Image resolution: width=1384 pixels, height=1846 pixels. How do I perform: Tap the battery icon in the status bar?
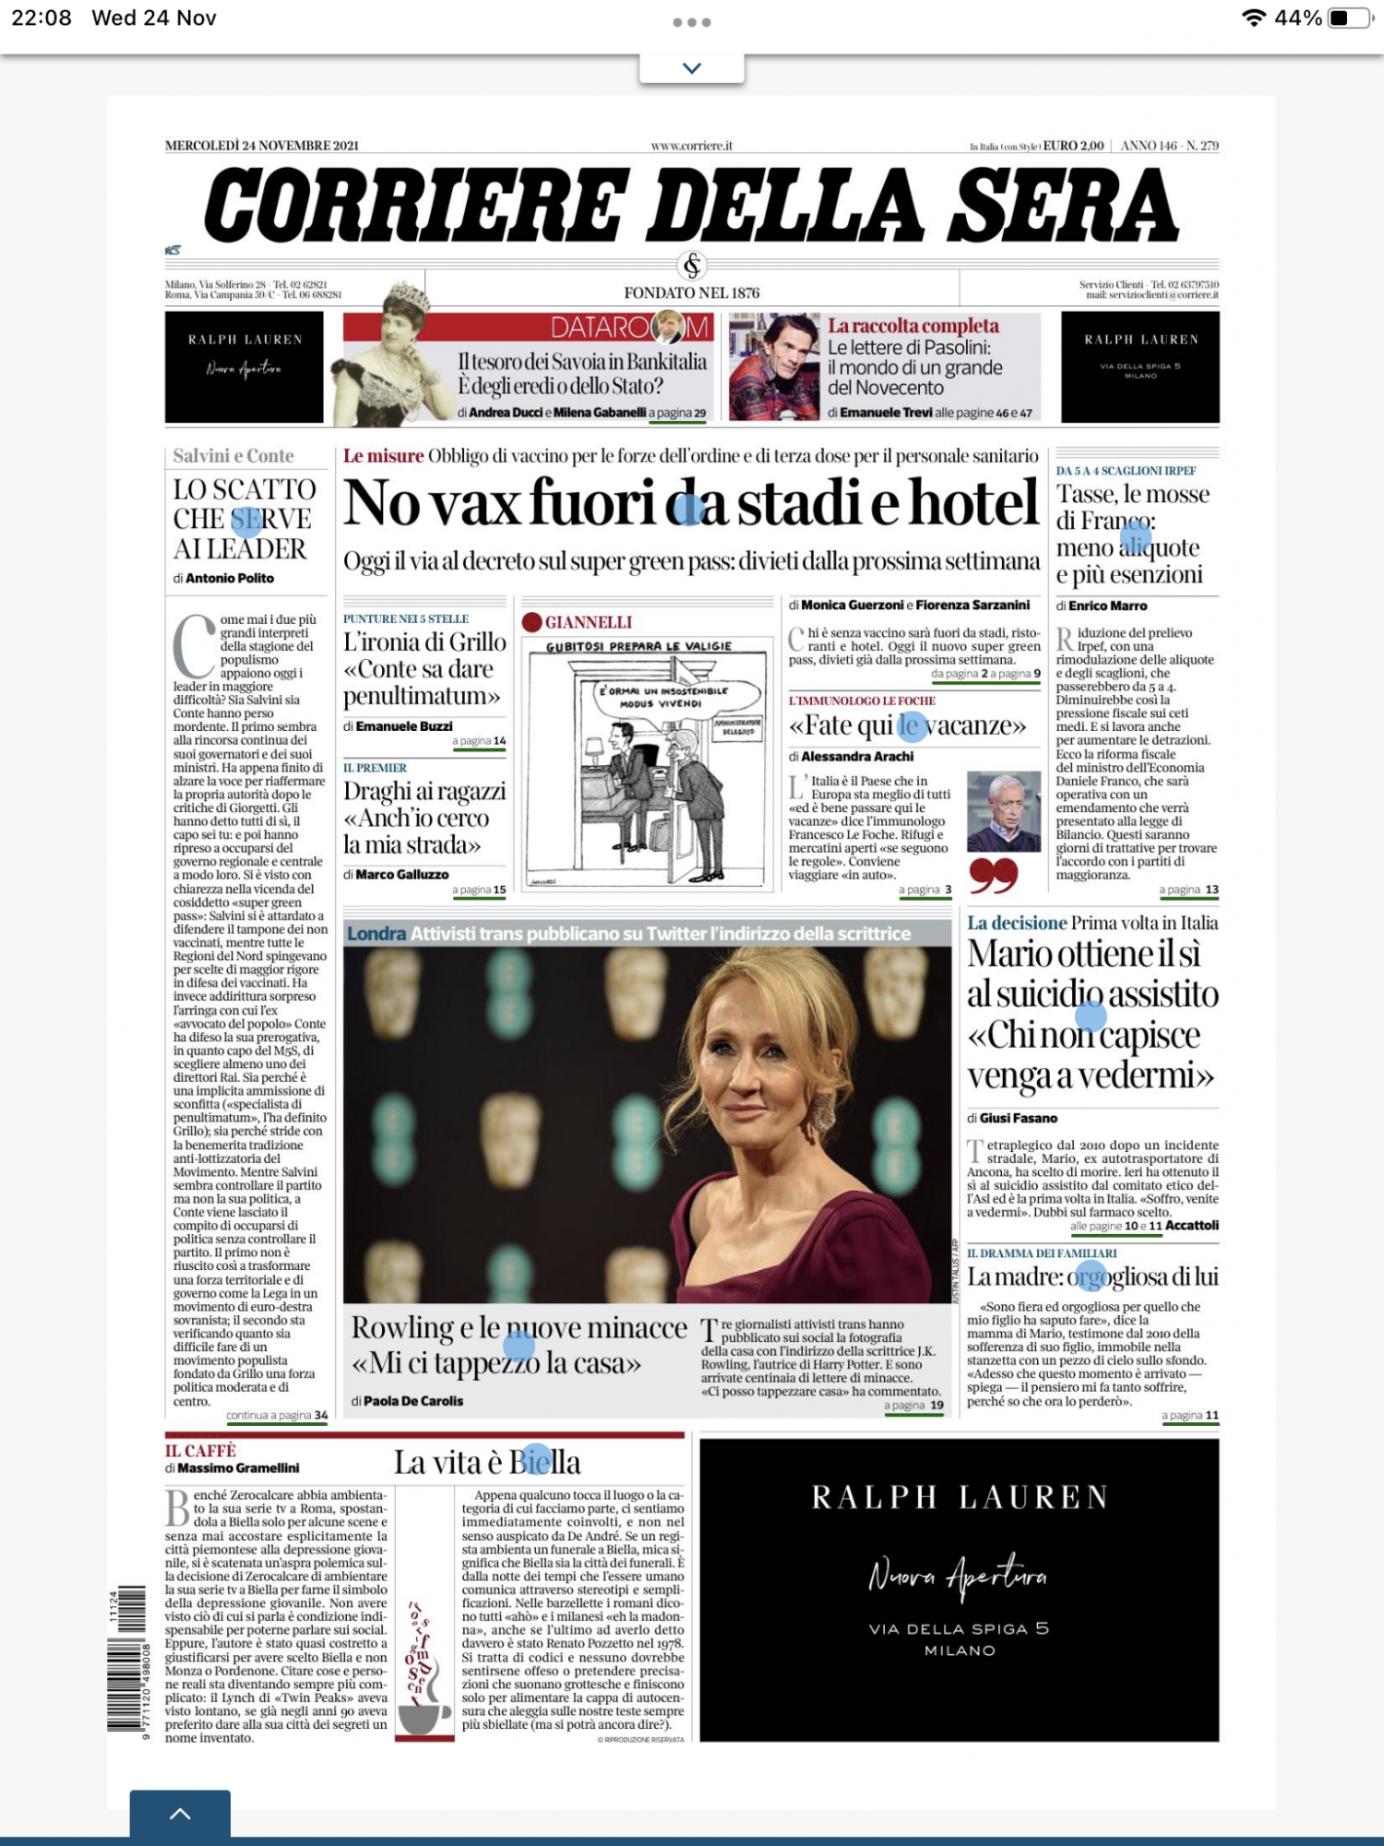click(x=1349, y=18)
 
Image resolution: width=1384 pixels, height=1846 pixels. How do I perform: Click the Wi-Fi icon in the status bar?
click(x=1253, y=18)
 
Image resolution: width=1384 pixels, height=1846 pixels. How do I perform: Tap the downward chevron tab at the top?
click(x=692, y=67)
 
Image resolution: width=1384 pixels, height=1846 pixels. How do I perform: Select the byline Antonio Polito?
click(x=230, y=579)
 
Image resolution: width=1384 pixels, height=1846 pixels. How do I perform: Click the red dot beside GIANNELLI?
click(x=531, y=622)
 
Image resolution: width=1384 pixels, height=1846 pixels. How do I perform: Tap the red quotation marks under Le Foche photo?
click(x=993, y=874)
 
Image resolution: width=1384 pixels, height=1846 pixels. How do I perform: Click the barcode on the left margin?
click(x=128, y=1661)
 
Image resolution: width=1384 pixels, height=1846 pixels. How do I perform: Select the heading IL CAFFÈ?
click(x=200, y=1451)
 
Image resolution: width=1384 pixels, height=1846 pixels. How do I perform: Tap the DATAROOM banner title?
click(x=629, y=327)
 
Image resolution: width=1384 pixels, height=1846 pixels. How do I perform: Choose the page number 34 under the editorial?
click(x=320, y=1415)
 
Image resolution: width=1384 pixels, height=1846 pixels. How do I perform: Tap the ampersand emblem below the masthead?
click(x=692, y=266)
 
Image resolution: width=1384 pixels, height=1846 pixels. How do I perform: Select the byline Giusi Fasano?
click(x=1018, y=1118)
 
